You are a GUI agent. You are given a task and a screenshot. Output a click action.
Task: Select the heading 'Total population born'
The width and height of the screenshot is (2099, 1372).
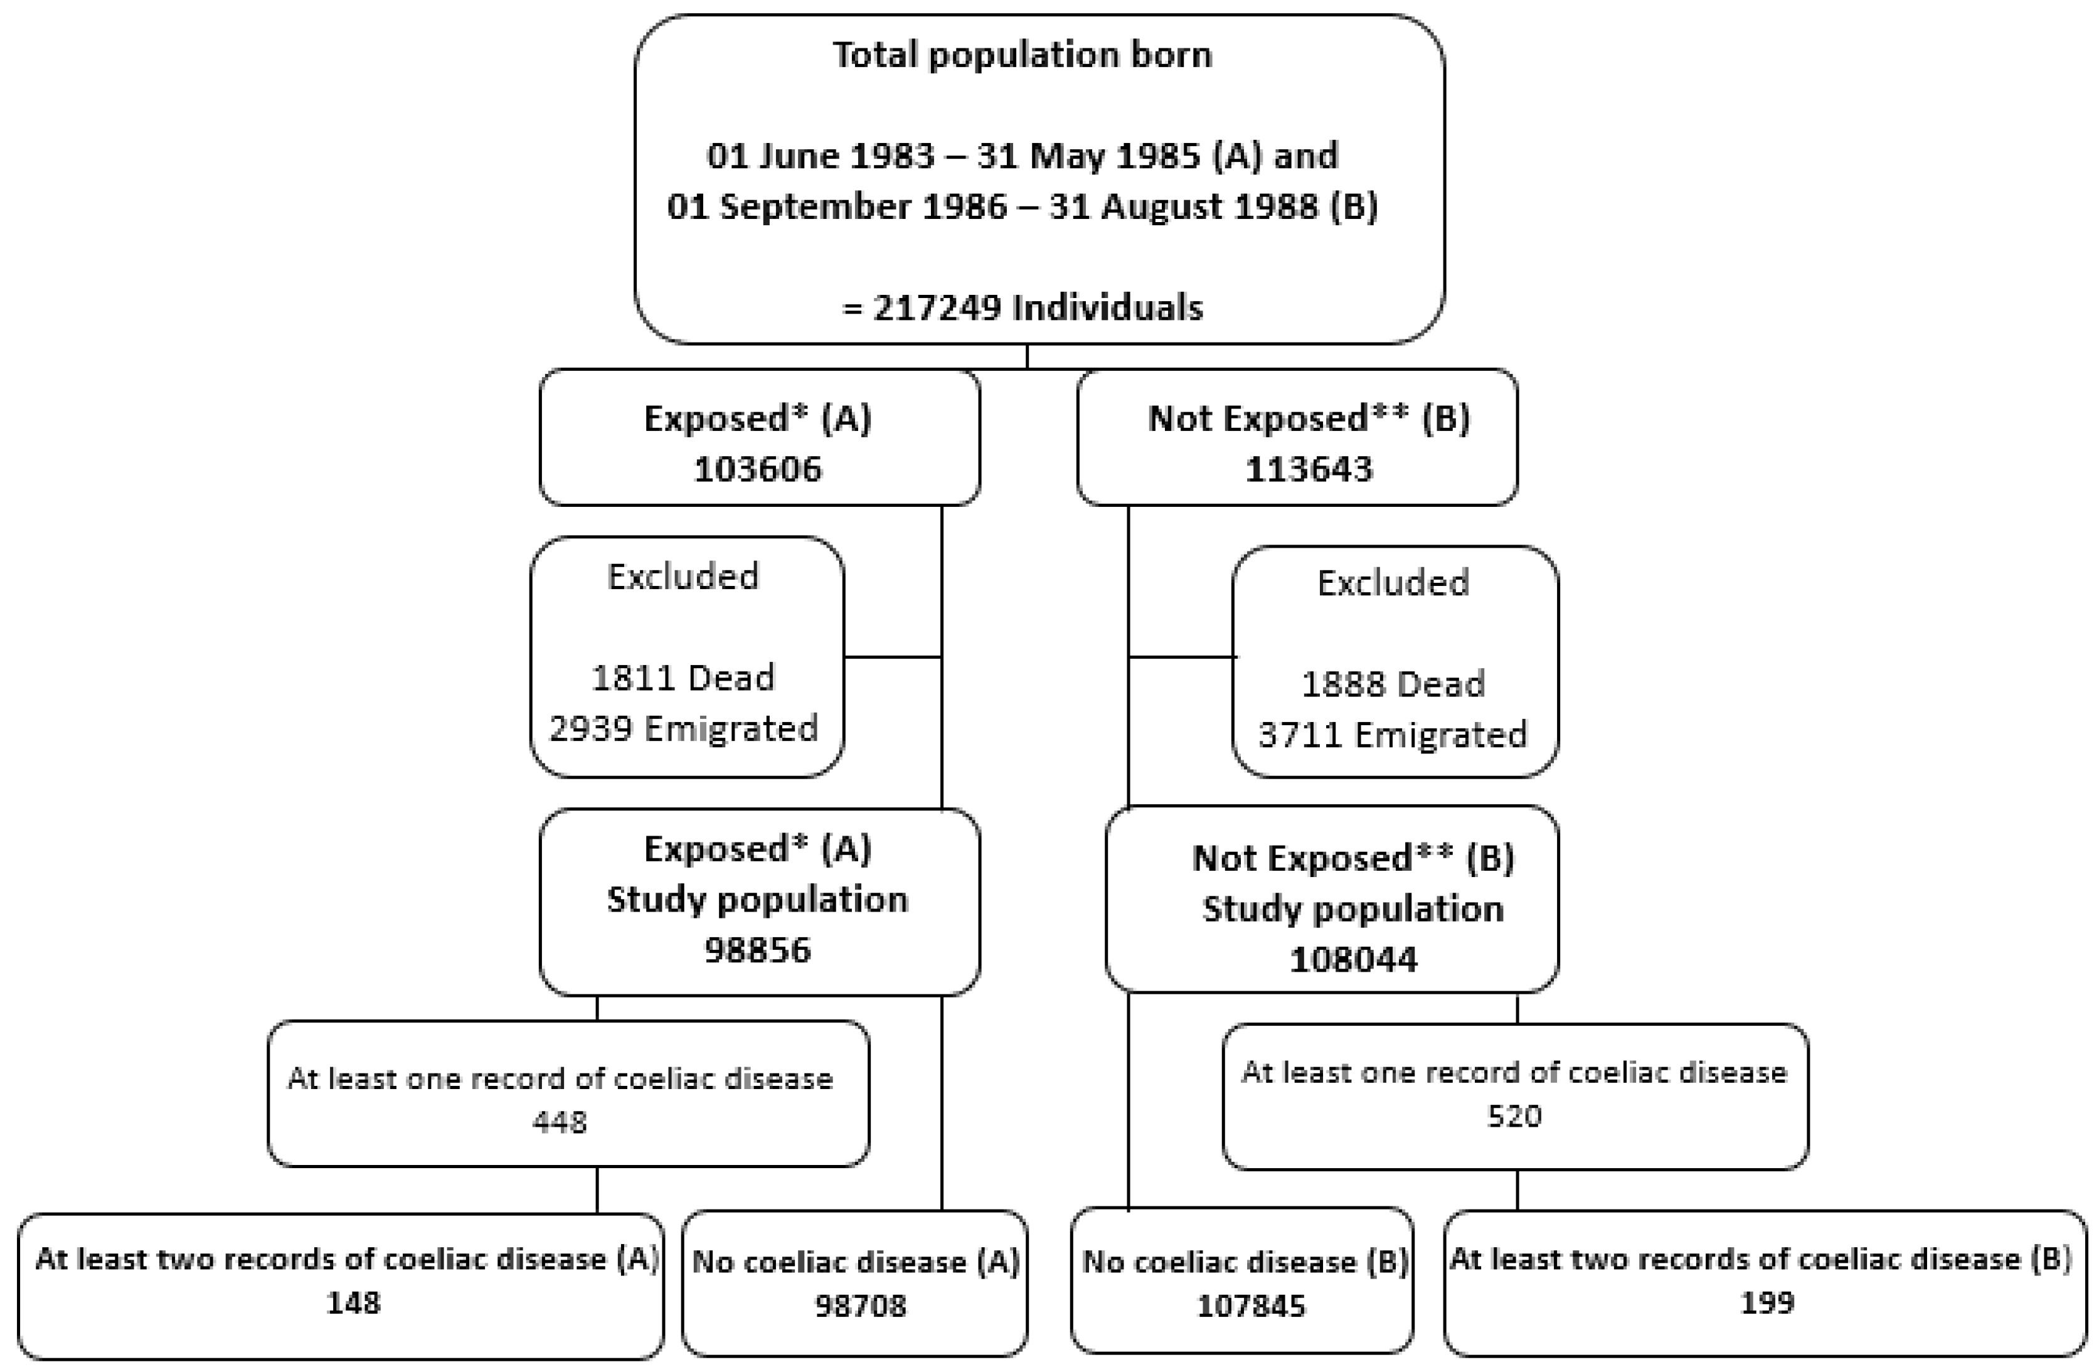point(1021,55)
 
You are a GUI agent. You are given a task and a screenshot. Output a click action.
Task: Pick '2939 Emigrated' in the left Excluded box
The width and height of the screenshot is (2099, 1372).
point(683,729)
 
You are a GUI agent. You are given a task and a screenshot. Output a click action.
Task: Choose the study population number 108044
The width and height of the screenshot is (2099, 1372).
point(1353,959)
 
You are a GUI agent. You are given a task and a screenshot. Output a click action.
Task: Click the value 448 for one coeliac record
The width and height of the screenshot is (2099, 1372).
point(559,1122)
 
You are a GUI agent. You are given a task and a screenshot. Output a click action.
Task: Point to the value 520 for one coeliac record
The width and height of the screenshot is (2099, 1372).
point(1514,1116)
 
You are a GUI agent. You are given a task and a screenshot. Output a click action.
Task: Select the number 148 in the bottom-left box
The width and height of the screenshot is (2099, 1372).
point(353,1302)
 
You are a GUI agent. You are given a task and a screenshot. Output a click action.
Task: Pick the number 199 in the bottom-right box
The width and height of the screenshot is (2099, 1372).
point(1767,1302)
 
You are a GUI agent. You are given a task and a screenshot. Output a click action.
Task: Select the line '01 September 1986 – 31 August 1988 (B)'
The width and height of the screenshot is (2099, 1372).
point(1021,206)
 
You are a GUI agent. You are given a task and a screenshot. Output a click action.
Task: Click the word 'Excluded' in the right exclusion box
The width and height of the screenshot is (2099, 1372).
point(1393,583)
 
